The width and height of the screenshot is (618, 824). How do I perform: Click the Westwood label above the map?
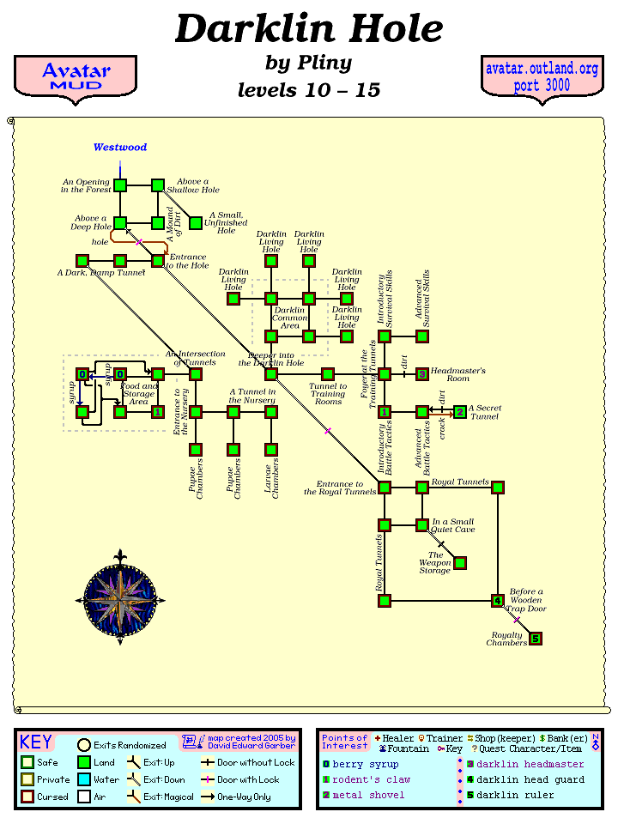(x=120, y=148)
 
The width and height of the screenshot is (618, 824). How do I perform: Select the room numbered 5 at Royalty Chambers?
(x=536, y=639)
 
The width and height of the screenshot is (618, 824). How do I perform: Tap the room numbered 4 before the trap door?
(x=498, y=601)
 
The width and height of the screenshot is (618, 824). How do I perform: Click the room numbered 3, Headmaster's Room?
(x=422, y=374)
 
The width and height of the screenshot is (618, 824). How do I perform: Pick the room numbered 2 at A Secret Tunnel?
(x=460, y=412)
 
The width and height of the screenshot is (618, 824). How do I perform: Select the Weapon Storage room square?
(x=460, y=563)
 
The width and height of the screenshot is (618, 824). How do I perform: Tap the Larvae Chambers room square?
(x=271, y=450)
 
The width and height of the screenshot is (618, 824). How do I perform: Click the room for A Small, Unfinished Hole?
(x=196, y=223)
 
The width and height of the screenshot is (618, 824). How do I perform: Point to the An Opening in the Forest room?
(x=120, y=185)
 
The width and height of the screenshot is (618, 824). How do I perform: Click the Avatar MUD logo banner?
(x=76, y=77)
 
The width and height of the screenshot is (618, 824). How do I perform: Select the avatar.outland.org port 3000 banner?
(x=541, y=77)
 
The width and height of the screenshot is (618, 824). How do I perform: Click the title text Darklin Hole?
(x=309, y=30)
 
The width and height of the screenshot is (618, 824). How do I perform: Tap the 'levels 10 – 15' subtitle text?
(x=309, y=90)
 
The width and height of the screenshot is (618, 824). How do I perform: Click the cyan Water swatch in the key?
(x=84, y=780)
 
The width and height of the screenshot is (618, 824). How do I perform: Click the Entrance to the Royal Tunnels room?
(x=385, y=488)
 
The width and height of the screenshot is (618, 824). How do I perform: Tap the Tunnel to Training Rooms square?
(x=328, y=374)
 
